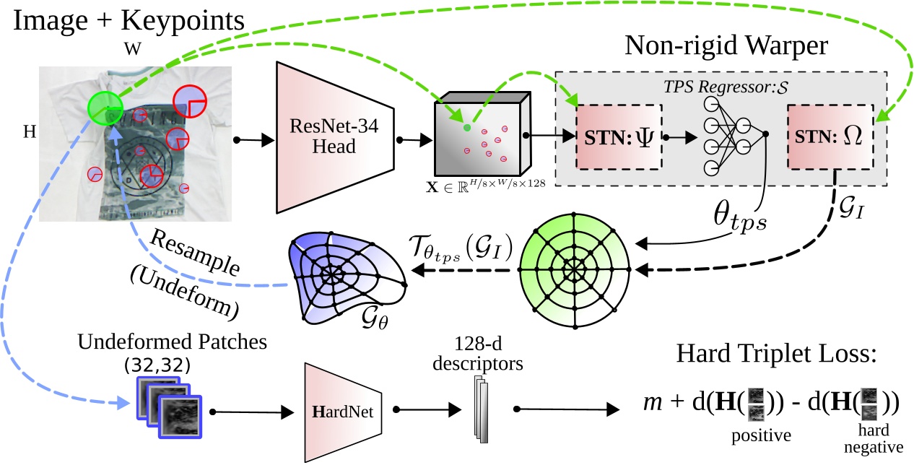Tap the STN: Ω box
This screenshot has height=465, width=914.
coord(830,135)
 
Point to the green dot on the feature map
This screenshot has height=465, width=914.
coord(467,129)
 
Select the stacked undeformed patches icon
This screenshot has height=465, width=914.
coord(169,408)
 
